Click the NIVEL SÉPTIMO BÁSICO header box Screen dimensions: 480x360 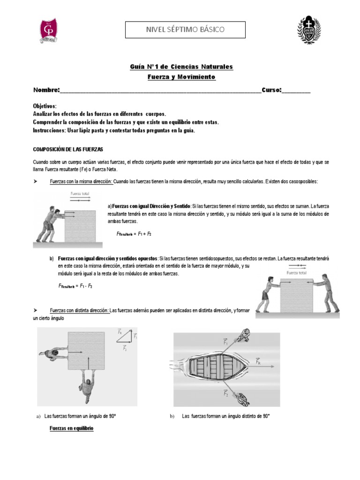185,30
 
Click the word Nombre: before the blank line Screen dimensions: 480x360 46,90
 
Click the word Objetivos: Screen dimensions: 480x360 45,106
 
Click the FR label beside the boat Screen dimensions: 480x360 259,361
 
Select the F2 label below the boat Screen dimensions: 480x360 226,394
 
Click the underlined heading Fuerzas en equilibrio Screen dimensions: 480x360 72,428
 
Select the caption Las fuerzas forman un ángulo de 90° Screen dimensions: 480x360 80,416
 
